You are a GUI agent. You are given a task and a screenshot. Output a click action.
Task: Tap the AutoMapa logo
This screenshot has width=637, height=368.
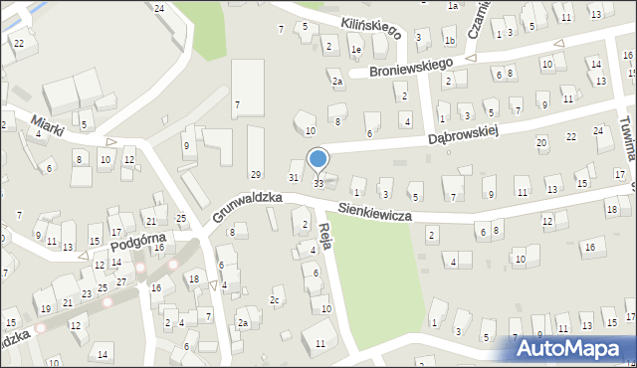click(x=571, y=348)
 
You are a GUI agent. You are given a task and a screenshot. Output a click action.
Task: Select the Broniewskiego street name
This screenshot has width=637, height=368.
click(x=411, y=68)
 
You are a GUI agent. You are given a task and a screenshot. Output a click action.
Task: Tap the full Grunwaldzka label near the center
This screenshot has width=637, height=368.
click(x=247, y=208)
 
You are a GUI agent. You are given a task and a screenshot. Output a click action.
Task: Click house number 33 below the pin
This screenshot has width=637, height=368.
click(x=318, y=184)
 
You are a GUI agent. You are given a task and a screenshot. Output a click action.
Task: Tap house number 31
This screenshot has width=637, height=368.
click(x=294, y=177)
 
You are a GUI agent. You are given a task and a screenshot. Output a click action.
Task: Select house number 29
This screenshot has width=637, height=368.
click(x=256, y=175)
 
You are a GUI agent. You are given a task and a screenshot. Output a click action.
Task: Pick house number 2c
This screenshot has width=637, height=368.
click(x=275, y=299)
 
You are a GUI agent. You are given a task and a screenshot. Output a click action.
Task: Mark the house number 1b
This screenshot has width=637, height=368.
click(x=449, y=41)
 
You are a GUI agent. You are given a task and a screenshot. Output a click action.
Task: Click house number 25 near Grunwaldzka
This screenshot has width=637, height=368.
click(x=181, y=218)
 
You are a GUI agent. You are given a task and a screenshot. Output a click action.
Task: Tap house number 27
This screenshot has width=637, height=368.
click(x=121, y=282)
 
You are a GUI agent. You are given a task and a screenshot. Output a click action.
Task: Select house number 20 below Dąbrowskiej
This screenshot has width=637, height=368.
click(x=541, y=143)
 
